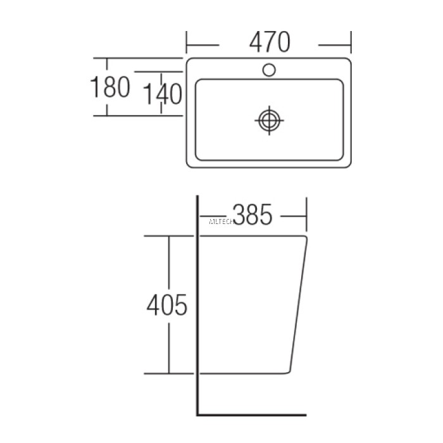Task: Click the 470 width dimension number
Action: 269,42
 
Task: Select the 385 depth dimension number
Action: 252,215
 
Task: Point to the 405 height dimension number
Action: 167,306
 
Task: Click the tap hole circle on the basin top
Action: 270,69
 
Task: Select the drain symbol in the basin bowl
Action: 270,120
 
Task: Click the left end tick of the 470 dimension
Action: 187,44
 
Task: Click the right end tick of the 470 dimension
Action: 351,44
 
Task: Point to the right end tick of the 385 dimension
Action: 306,216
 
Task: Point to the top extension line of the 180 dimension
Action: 139,58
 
